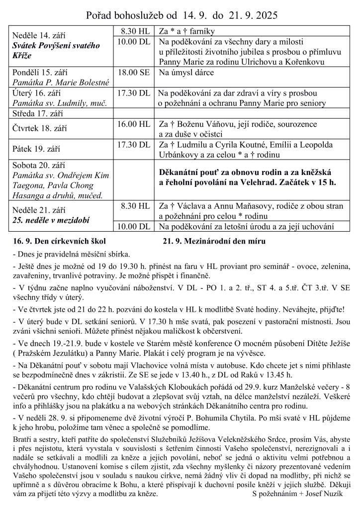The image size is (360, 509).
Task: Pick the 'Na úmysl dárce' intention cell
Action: click(x=186, y=73)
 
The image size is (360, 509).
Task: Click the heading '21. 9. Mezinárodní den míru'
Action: click(x=214, y=242)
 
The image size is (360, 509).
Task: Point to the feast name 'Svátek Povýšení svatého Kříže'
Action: click(x=56, y=50)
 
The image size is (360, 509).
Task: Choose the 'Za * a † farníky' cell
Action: click(x=187, y=31)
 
